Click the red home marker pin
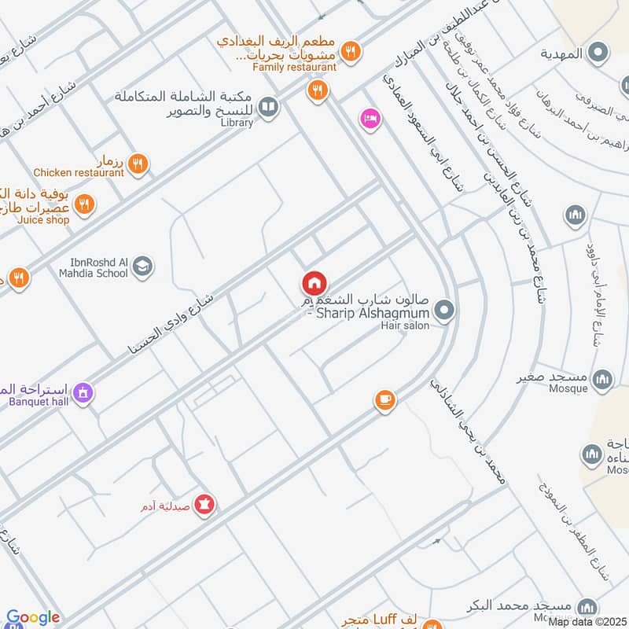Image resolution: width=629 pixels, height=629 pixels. point(314,284)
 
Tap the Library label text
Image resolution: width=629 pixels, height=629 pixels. point(237,123)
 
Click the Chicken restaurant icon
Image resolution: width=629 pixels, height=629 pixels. point(138,164)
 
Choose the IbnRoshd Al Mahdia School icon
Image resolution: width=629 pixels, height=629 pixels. point(142,267)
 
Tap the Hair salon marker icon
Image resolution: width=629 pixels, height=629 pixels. point(444,311)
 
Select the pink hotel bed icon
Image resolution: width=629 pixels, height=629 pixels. point(370,119)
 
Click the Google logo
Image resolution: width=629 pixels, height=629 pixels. point(32,618)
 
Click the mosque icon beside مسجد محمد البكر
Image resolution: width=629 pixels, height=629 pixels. point(587,607)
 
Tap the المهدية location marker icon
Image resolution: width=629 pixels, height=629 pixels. point(599,53)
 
